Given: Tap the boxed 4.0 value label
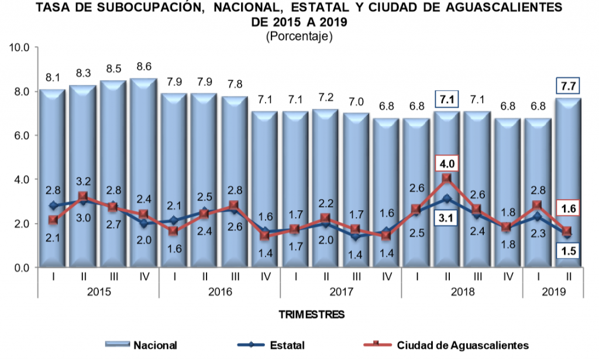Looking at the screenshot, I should click(x=446, y=162).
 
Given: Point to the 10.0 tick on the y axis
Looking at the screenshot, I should click(x=20, y=47).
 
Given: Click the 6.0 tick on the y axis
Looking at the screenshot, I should click(x=22, y=135).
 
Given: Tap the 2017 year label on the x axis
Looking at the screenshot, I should click(x=340, y=291).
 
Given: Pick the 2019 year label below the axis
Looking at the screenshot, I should click(x=553, y=291).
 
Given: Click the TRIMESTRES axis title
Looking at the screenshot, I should click(x=311, y=315).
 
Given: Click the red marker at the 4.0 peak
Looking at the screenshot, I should click(x=447, y=177).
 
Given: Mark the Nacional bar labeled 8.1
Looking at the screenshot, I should click(x=53, y=176).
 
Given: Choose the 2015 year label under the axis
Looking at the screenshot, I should click(x=98, y=291).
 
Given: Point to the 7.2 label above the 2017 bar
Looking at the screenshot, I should click(x=326, y=95).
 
